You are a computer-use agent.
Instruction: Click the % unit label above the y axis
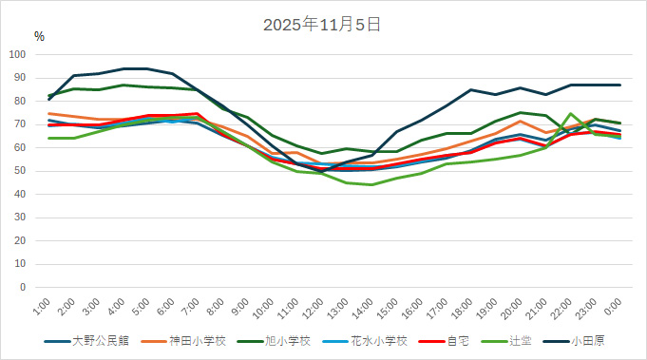39,36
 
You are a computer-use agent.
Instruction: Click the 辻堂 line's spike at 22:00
571,114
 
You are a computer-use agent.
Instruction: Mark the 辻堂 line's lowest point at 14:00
371,184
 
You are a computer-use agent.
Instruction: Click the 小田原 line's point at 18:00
471,90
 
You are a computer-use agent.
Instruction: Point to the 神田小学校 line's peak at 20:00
521,121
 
